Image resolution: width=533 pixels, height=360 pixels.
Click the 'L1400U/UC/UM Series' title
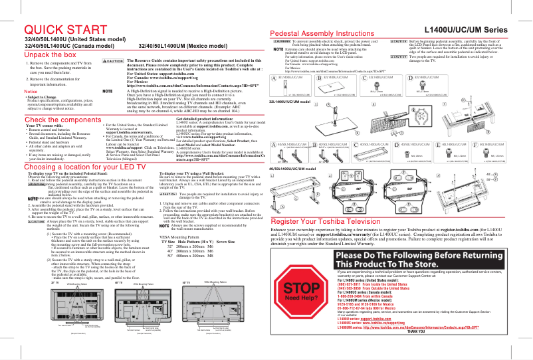coord(471,30)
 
